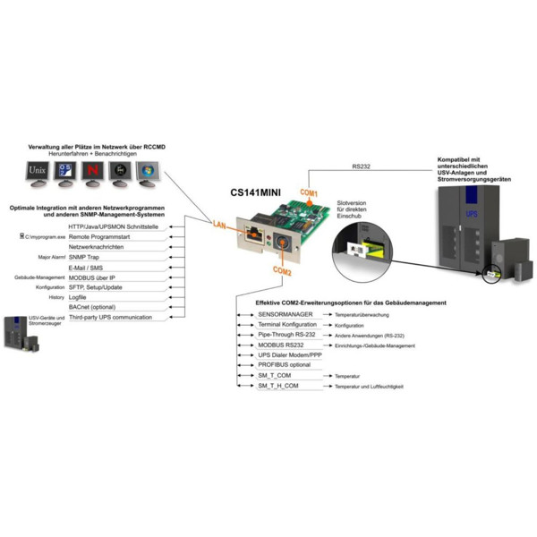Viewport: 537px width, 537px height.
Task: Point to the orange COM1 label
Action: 307,193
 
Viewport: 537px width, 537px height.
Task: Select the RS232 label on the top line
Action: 362,166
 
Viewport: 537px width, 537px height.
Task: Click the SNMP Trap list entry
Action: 84,257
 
